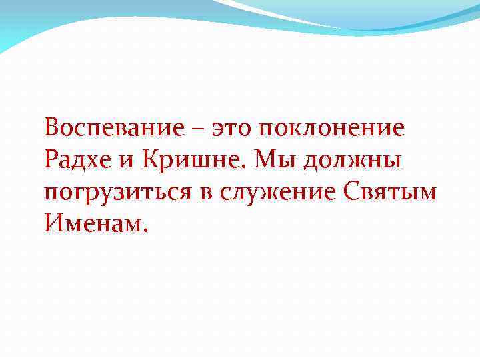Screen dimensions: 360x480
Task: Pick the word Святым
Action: [392, 192]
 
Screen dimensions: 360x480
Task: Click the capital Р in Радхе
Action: [51, 159]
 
